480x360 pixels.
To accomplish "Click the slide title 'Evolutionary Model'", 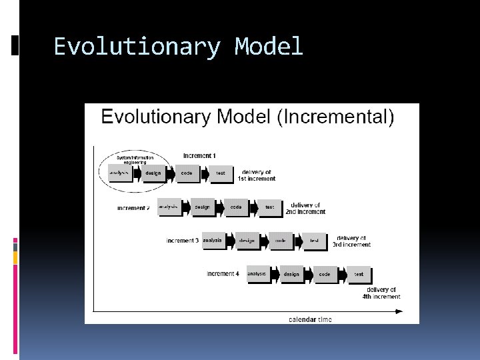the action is coord(178,47).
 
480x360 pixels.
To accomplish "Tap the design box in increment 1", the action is coord(153,173).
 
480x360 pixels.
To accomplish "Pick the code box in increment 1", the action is coord(187,173).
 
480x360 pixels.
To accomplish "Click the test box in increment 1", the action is coord(221,173).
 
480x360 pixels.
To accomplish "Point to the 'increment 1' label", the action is coord(199,155).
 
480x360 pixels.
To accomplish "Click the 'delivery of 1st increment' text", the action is coord(257,175).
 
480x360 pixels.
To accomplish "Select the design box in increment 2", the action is coord(202,207).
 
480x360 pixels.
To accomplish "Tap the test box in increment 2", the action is coord(269,207).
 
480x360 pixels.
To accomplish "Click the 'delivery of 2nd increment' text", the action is coord(306,208).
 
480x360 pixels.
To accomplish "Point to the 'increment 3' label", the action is coord(182,240).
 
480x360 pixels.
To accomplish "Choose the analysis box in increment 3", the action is coord(213,240).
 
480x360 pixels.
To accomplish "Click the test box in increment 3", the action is coord(314,240).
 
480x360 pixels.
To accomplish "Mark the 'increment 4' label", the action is coord(223,273).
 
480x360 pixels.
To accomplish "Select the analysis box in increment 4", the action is coord(257,273).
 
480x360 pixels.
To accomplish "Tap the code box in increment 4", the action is coord(325,274).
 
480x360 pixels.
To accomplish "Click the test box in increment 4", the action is coord(359,274).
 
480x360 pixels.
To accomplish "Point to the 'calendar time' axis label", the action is coord(310,319).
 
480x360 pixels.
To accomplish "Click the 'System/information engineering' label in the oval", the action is coord(131,159).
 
